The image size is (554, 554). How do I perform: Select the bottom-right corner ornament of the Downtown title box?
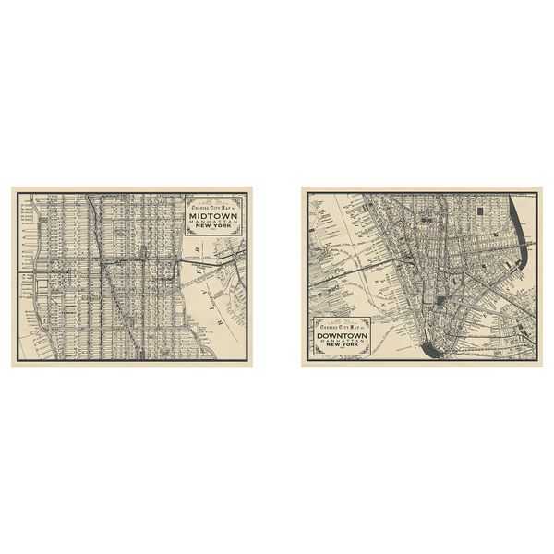tap(373, 356)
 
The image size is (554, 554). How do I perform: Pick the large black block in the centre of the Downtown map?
tap(442, 299)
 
